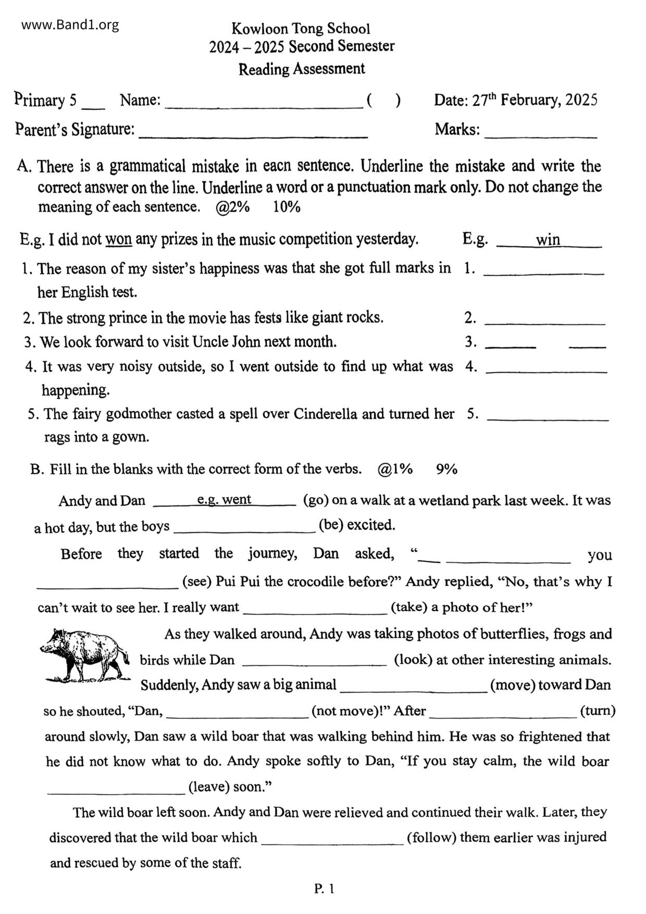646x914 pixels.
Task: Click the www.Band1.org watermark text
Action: pyautogui.click(x=70, y=25)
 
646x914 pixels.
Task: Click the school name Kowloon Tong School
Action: pyautogui.click(x=301, y=28)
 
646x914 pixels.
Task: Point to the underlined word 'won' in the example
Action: pyautogui.click(x=118, y=240)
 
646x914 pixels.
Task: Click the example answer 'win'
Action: pyautogui.click(x=548, y=240)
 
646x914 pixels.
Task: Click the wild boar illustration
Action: pyautogui.click(x=85, y=655)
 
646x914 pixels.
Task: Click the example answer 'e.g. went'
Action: pyautogui.click(x=224, y=500)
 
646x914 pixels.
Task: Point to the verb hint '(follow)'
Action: pyautogui.click(x=431, y=837)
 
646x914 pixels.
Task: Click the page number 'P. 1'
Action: pyautogui.click(x=324, y=888)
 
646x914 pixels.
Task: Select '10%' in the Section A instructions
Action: pyautogui.click(x=287, y=207)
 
